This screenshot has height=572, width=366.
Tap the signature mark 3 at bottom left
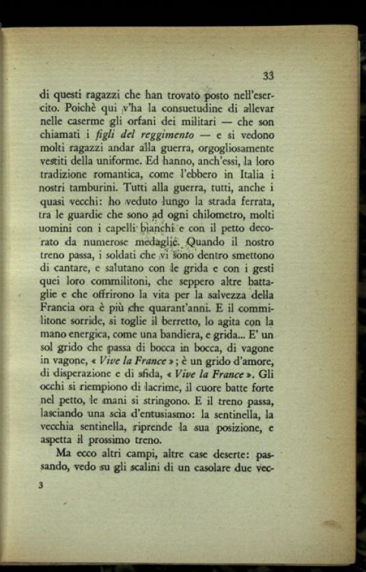click(41, 486)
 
